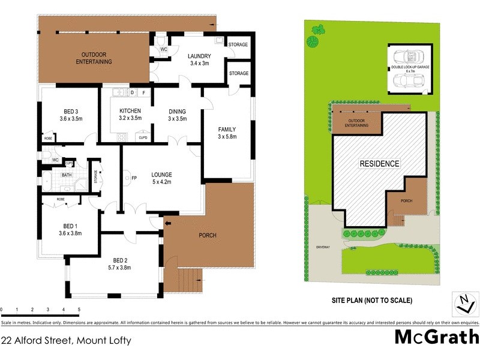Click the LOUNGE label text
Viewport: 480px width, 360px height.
click(162, 173)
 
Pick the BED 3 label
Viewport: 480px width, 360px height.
click(71, 114)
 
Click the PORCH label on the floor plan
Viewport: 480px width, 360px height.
click(208, 235)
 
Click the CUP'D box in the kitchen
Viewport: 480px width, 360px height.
click(143, 137)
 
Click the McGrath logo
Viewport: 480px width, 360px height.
click(436, 337)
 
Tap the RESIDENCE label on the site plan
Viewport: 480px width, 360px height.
click(379, 163)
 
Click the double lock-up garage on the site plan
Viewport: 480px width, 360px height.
click(410, 70)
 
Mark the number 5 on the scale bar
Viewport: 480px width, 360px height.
click(79, 310)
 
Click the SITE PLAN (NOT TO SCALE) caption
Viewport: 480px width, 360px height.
click(372, 300)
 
